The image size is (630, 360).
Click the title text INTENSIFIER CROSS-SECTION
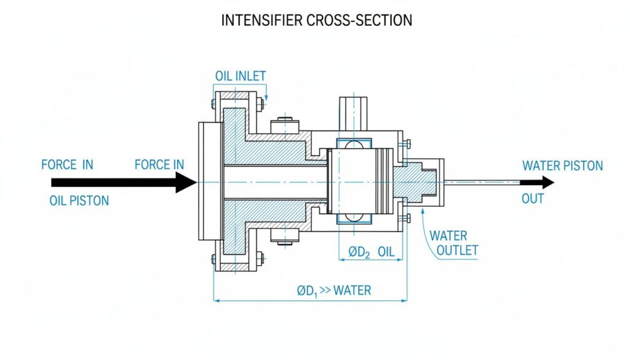tap(316, 20)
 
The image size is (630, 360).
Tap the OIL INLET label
tap(241, 76)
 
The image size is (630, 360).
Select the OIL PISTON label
tap(79, 201)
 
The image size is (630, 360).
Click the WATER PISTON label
tap(562, 166)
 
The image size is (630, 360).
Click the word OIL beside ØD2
tap(386, 252)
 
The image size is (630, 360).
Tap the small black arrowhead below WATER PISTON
tap(547, 182)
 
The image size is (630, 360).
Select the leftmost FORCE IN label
tap(67, 164)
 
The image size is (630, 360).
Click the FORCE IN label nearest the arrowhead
tap(159, 164)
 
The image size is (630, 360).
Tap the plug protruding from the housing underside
tap(284, 236)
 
